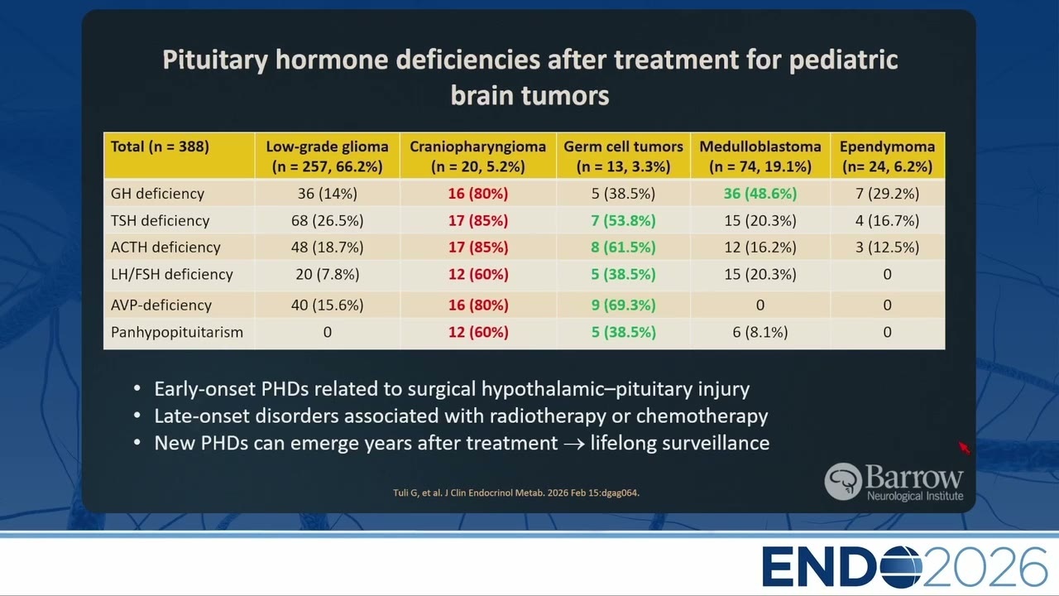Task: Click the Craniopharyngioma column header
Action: (x=477, y=156)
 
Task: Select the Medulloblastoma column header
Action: (x=760, y=156)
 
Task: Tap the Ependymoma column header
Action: (x=888, y=156)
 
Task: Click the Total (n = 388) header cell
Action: (x=160, y=147)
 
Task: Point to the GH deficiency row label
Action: (x=157, y=194)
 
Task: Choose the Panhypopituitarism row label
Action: (x=177, y=332)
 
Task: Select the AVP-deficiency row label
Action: (x=161, y=305)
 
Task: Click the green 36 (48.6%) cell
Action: (x=760, y=194)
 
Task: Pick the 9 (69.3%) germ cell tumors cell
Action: (x=623, y=305)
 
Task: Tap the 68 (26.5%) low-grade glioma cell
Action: (x=327, y=220)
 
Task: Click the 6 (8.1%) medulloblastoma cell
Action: (x=760, y=332)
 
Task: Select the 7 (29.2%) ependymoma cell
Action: (x=888, y=194)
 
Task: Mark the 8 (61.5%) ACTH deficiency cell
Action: (x=623, y=248)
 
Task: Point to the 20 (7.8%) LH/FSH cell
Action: (x=327, y=274)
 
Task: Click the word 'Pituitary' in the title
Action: (x=215, y=61)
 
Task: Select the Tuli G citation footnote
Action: (x=516, y=493)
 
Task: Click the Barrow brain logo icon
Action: (x=843, y=482)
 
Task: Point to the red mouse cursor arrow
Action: (x=965, y=448)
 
